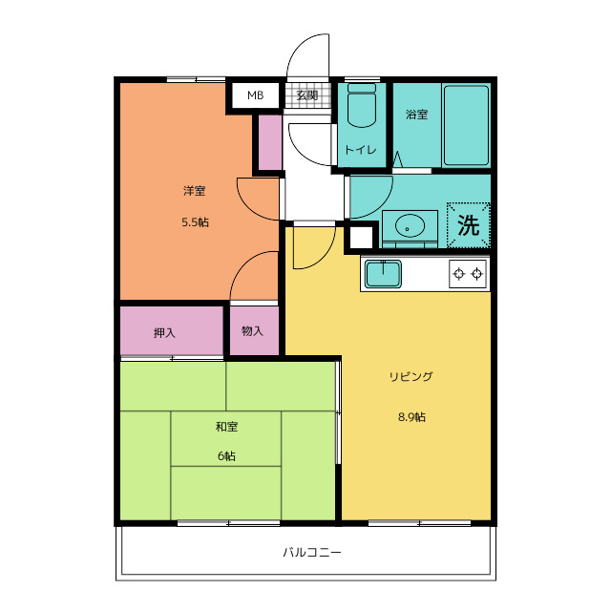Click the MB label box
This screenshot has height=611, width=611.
pos(256,95)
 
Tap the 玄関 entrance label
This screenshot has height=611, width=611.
pos(307,95)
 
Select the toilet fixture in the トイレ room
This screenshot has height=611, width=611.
pos(362,105)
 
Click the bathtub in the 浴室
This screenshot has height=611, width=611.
pos(467,125)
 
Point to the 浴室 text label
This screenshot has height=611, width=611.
pos(417,115)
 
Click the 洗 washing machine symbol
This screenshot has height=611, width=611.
pos(469,225)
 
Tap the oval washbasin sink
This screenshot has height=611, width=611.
pos(410,225)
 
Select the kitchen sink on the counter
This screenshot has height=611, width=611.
pos(383,274)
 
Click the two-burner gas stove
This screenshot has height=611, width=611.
pos(468,274)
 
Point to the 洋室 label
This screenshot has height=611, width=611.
pos(195,191)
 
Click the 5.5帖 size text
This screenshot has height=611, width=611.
pos(195,222)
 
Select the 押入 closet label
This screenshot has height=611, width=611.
pos(164,333)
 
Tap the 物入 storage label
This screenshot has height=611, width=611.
pos(252,331)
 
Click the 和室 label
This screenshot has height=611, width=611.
pos(227,427)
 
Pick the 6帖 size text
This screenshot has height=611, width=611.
pos(226,455)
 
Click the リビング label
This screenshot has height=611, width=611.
pos(411,376)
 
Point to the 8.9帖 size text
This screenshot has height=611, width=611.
pos(411,417)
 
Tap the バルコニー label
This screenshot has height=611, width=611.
pos(312,552)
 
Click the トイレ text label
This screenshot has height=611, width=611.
pos(361,150)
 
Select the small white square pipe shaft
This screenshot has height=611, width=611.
pos(361,238)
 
